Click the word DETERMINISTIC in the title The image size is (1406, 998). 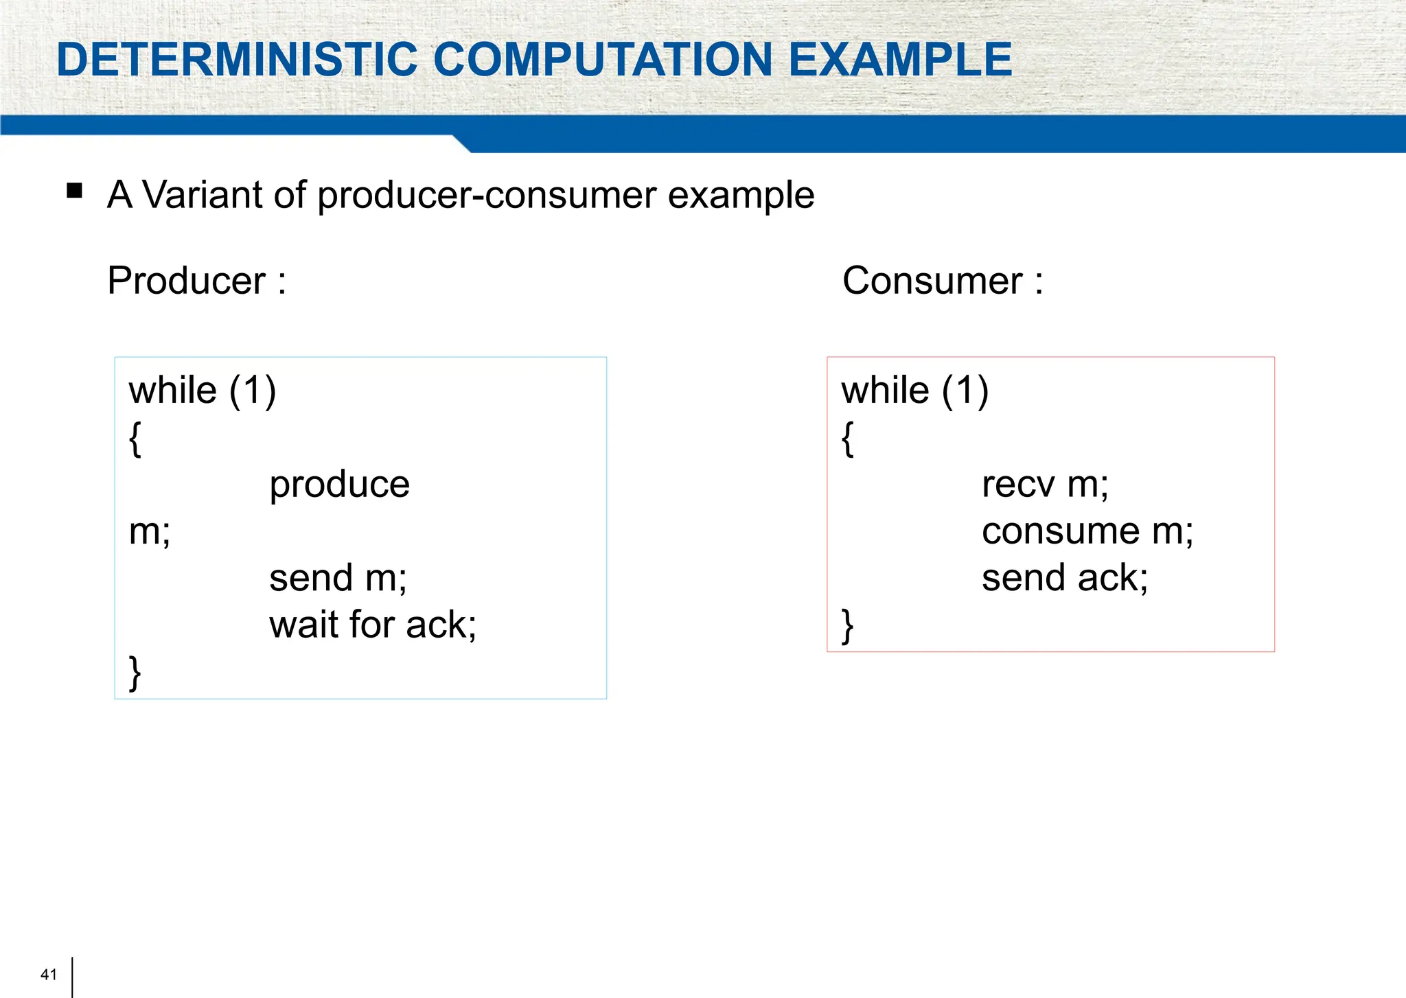pyautogui.click(x=237, y=59)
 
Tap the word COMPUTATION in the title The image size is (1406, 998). pyautogui.click(x=603, y=59)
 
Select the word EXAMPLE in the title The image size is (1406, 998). pyautogui.click(x=900, y=59)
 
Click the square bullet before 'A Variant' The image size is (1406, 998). pyautogui.click(x=75, y=190)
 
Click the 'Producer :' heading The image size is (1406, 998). pyautogui.click(x=196, y=281)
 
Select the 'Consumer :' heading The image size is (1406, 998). pyautogui.click(x=942, y=281)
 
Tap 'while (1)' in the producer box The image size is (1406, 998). pyautogui.click(x=203, y=391)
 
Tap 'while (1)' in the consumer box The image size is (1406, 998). pyautogui.click(x=914, y=391)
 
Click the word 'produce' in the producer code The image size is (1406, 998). pyautogui.click(x=339, y=485)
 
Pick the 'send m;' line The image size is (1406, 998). pyautogui.click(x=338, y=578)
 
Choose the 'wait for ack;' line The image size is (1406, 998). pyautogui.click(x=372, y=625)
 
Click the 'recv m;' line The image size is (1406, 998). pyautogui.click(x=1045, y=485)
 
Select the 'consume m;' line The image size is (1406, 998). pyautogui.click(x=1087, y=531)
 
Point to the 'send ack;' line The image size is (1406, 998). pyautogui.click(x=1064, y=578)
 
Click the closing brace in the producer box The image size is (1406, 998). pyautogui.click(x=135, y=673)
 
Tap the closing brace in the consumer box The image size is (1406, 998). pyautogui.click(x=848, y=626)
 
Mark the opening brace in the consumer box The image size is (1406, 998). pyautogui.click(x=848, y=439)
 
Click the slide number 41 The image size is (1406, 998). pyautogui.click(x=49, y=975)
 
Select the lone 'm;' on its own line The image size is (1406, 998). pyautogui.click(x=150, y=531)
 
